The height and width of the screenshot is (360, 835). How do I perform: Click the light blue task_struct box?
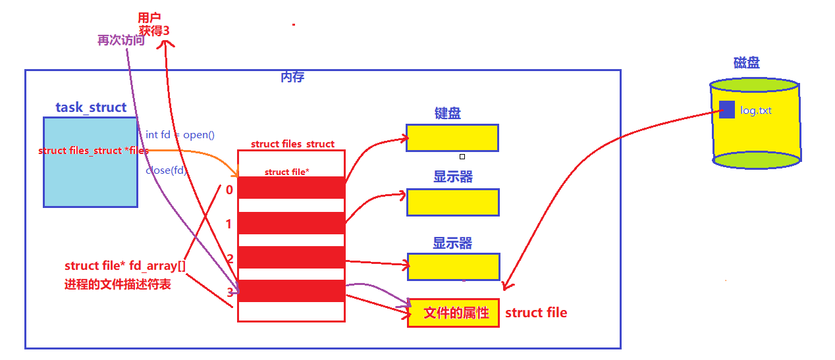[90, 178]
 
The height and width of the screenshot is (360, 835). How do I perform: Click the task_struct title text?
[91, 107]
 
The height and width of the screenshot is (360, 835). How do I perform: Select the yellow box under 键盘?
[452, 138]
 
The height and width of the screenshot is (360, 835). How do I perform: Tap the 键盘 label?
[447, 113]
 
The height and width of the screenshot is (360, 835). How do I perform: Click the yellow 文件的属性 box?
[453, 313]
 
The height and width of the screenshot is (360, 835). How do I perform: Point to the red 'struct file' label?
[536, 313]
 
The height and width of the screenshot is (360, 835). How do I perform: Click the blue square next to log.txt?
[726, 109]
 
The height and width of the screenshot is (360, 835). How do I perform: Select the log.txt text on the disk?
[755, 111]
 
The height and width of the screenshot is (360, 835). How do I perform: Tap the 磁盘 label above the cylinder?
[746, 63]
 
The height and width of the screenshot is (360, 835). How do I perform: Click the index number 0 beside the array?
[229, 190]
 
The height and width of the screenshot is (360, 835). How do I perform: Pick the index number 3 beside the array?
[229, 292]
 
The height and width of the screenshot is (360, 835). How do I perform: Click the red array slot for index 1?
[291, 222]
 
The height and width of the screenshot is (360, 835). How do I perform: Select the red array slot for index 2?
[291, 257]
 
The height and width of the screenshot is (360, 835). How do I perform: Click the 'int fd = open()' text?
[180, 134]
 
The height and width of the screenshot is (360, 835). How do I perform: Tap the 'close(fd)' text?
[166, 170]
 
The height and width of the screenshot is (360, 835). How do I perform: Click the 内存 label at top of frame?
[292, 77]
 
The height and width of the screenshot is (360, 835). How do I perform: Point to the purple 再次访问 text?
[121, 40]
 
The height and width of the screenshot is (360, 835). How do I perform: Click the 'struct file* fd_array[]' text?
[124, 266]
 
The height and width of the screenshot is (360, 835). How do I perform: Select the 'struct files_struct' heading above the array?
[292, 143]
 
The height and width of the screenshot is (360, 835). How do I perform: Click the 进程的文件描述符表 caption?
[118, 285]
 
